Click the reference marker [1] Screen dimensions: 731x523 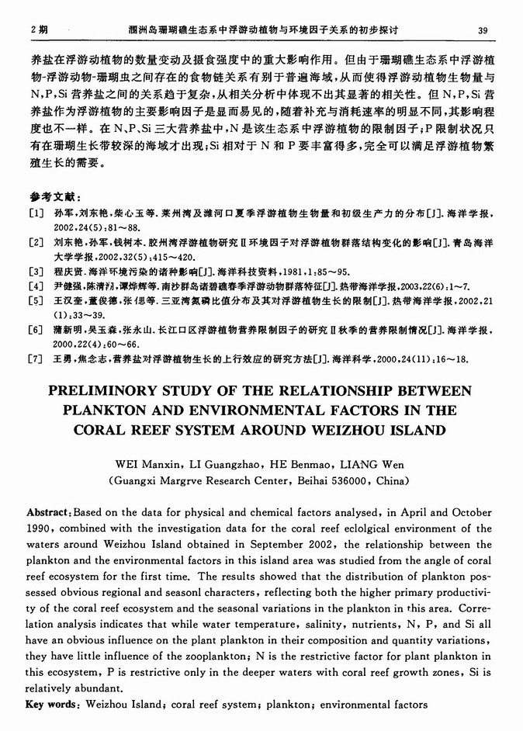pos(36,212)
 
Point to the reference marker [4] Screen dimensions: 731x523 pos(36,286)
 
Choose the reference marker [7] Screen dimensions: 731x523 pos(36,359)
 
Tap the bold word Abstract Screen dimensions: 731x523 pos(50,514)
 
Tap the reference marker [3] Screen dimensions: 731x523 pos(36,272)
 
